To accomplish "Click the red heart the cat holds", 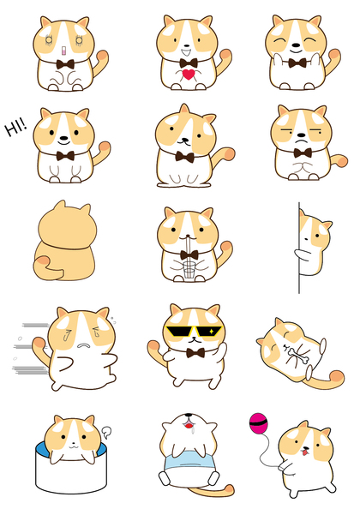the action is pyautogui.click(x=189, y=75).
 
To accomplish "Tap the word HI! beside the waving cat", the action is pyautogui.click(x=15, y=127).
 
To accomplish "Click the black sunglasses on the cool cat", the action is pyautogui.click(x=194, y=332).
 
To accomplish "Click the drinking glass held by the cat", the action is pyautogui.click(x=189, y=270).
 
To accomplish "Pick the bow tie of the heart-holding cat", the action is pyautogui.click(x=189, y=63).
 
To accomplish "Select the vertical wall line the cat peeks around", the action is pyautogui.click(x=299, y=248).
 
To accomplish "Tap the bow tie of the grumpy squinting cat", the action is pyautogui.click(x=303, y=153).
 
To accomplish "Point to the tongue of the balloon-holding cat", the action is pyautogui.click(x=305, y=452).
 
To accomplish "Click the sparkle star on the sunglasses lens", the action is pyautogui.click(x=212, y=332).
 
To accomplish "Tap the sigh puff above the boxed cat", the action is pyautogui.click(x=107, y=431).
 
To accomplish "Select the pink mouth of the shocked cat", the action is pyautogui.click(x=63, y=51).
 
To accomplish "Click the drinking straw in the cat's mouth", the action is pyautogui.click(x=188, y=252).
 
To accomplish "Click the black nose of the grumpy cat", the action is pyautogui.click(x=302, y=135).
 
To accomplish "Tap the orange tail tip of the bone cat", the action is pyautogui.click(x=337, y=378).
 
